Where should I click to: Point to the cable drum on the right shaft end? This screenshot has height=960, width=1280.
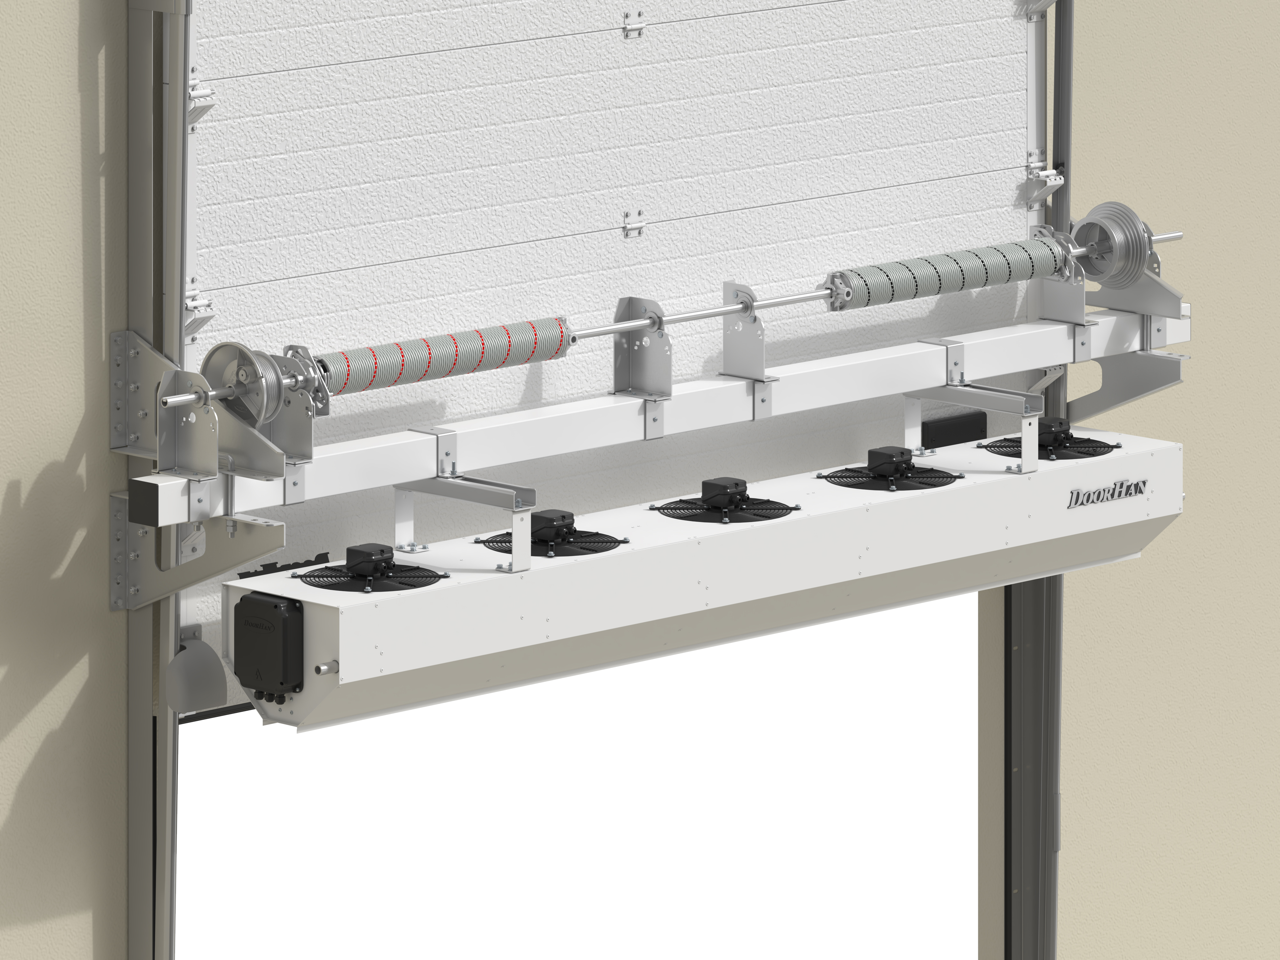[x=1107, y=240]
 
